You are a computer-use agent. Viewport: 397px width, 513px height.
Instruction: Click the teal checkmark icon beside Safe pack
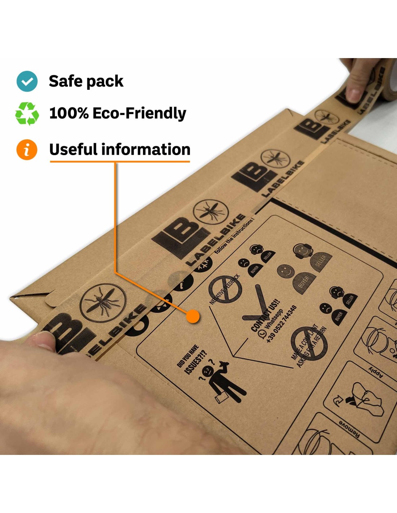pos(27,81)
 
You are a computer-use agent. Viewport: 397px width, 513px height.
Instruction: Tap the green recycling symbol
pos(27,113)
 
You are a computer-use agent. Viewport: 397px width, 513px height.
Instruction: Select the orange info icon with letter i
pos(27,149)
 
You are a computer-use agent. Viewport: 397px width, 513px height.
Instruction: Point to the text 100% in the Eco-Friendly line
pos(69,113)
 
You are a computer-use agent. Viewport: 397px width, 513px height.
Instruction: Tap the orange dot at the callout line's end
pos(193,316)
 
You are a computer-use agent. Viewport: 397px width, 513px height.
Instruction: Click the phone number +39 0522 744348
pos(282,324)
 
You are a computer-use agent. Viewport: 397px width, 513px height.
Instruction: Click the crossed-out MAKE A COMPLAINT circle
pos(309,343)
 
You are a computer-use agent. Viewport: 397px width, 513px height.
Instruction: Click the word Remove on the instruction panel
pos(349,429)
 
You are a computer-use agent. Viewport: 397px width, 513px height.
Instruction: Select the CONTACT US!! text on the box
pos(265,315)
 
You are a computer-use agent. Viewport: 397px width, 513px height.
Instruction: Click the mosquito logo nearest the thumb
pos(103,302)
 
